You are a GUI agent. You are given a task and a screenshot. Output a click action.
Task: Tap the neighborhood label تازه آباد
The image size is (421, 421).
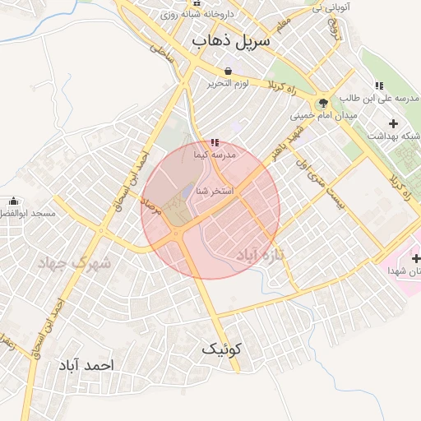click(266, 256)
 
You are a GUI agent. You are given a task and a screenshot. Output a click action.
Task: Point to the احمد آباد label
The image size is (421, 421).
click(86, 363)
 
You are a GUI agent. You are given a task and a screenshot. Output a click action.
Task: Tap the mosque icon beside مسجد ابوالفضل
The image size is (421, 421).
click(13, 201)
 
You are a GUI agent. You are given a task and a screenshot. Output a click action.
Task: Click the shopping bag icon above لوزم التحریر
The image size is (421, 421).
click(228, 70)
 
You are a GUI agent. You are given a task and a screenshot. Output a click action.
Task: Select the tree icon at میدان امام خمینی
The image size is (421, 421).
click(322, 103)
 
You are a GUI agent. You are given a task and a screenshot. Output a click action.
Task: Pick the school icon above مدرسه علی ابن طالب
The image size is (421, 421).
click(379, 86)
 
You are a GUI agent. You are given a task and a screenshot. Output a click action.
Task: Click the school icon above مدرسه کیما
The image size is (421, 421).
click(215, 142)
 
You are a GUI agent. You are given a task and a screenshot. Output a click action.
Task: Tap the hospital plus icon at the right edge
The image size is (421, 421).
click(416, 258)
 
